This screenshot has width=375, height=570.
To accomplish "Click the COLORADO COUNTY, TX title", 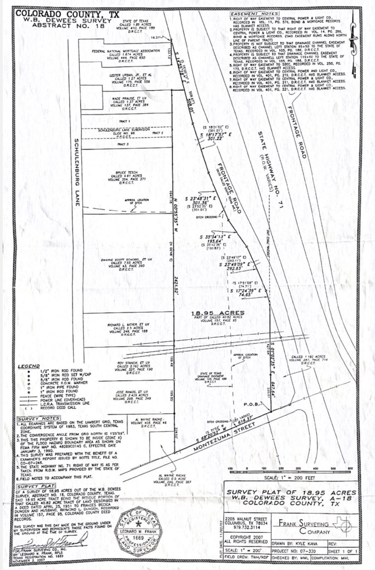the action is tap(67, 14).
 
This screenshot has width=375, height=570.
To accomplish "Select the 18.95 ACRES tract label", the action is tap(218, 313).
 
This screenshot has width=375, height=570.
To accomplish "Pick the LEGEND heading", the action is tap(29, 366).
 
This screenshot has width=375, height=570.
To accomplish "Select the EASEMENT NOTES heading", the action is tap(255, 14).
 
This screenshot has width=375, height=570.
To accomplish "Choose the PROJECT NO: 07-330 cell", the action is tap(298, 551).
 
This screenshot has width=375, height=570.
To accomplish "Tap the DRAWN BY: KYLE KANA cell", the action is tap(298, 544).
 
